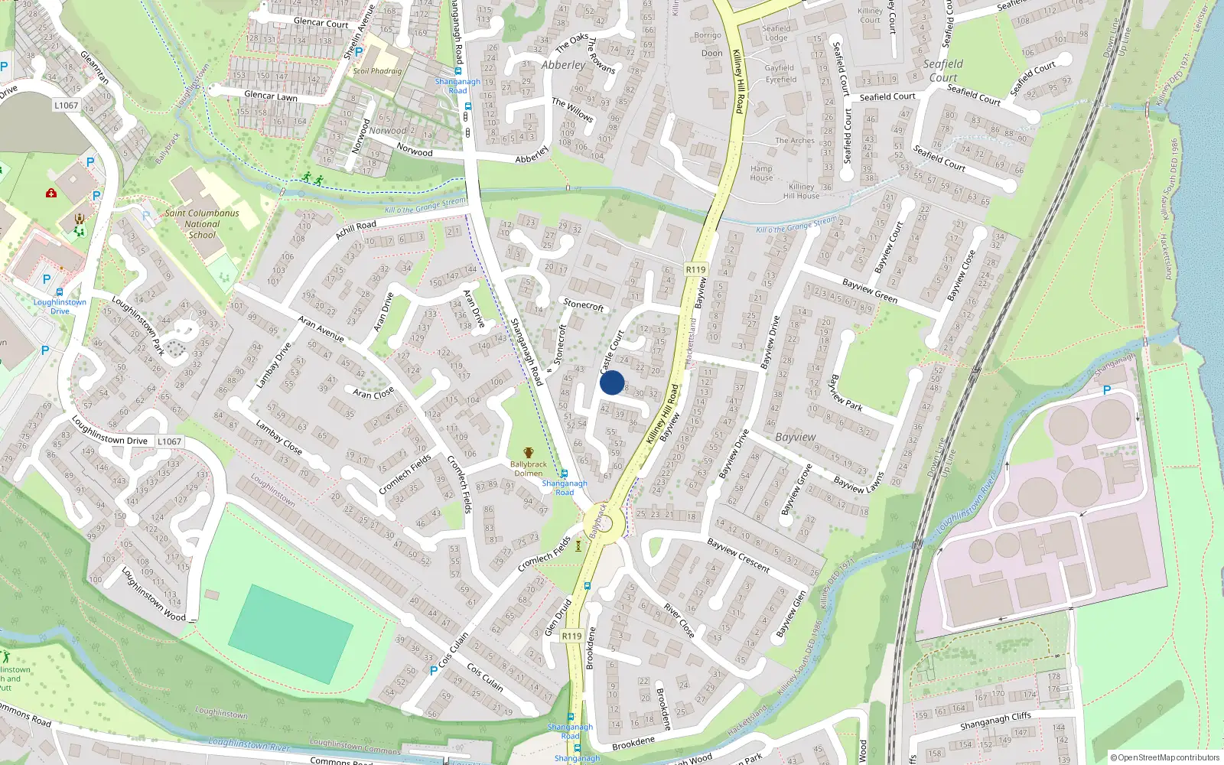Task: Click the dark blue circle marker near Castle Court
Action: [612, 382]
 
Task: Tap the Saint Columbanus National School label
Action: [202, 224]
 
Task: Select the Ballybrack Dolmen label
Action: [528, 468]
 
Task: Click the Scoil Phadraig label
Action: [377, 71]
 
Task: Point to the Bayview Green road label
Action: [870, 291]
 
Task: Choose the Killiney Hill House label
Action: [802, 191]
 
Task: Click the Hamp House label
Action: [761, 173]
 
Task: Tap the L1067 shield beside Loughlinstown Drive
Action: [169, 441]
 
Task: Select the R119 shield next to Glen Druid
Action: [571, 636]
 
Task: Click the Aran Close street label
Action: [373, 392]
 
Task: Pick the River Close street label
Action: [679, 620]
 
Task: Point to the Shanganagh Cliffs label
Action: [995, 721]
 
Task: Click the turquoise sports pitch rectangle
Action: [291, 634]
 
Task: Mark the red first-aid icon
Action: [51, 193]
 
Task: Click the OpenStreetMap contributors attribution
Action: [1165, 757]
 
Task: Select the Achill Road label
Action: [356, 229]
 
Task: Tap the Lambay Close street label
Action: [278, 438]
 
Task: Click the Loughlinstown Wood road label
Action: [153, 595]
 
